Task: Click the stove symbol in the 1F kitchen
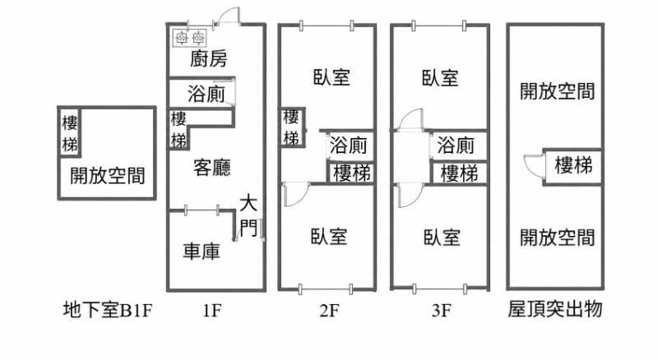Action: [190, 38]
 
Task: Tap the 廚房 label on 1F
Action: [209, 58]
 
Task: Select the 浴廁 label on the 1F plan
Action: [206, 94]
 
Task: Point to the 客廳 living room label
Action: [212, 168]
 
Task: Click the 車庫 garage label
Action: [202, 252]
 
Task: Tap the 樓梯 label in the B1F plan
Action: [70, 134]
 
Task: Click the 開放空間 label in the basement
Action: [108, 175]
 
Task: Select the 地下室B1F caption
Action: [108, 311]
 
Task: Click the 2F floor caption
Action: [329, 311]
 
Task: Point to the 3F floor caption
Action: [441, 311]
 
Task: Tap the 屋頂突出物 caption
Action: [555, 310]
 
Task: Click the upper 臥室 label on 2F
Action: [331, 77]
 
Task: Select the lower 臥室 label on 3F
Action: [442, 237]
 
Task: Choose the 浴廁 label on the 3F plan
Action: [456, 145]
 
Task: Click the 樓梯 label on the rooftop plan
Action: [573, 165]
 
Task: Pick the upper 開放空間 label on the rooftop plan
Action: [558, 91]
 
